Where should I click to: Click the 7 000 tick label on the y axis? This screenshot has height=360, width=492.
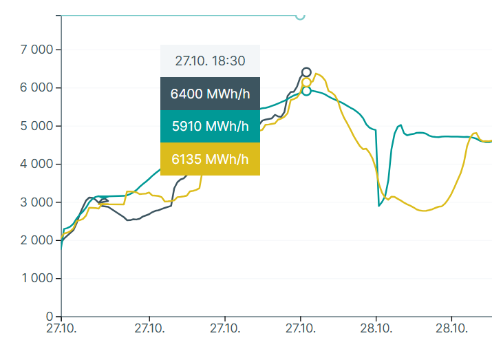[x=39, y=50]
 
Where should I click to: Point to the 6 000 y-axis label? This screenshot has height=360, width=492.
[x=39, y=88]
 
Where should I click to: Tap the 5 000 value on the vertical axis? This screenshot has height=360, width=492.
[x=39, y=127]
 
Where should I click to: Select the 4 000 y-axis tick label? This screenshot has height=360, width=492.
[x=39, y=165]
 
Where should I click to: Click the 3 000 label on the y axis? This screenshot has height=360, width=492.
[x=39, y=202]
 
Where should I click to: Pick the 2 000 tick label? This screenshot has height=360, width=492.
[x=39, y=240]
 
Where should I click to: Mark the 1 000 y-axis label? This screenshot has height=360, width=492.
[x=39, y=279]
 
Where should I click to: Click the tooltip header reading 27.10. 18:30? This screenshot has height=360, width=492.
[x=210, y=61]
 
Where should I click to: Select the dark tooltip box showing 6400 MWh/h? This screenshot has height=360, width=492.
[x=210, y=94]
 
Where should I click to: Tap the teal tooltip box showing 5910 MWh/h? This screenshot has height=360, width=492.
[x=210, y=127]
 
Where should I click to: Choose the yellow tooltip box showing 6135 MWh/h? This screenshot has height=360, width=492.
[x=210, y=159]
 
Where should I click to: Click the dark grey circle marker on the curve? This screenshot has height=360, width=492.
[x=306, y=72]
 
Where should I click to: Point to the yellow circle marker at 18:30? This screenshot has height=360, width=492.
[x=306, y=83]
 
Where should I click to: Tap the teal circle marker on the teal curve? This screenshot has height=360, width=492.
[x=306, y=91]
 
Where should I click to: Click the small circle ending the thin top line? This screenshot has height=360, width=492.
[x=300, y=15]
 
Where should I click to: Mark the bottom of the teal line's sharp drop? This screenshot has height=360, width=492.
[x=379, y=206]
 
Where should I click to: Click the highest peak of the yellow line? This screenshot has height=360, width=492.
[x=317, y=74]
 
